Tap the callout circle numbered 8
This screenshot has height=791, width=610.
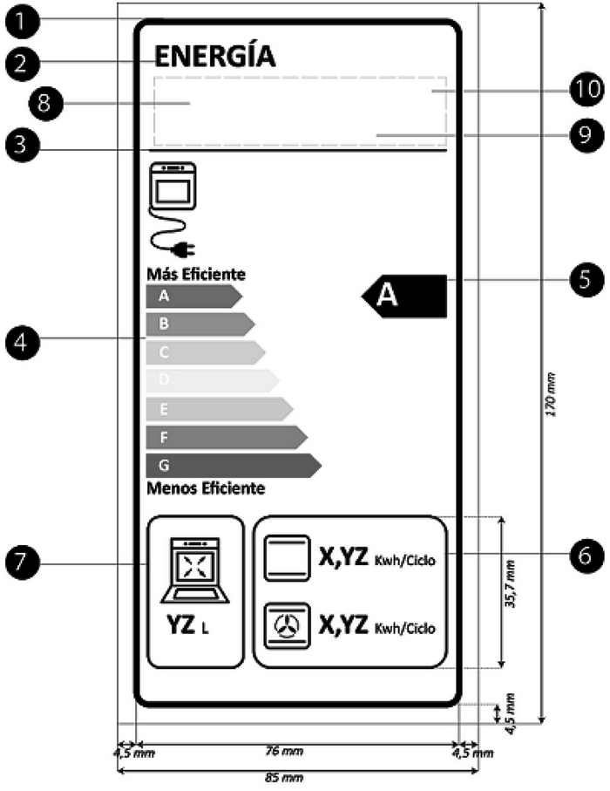[43, 102]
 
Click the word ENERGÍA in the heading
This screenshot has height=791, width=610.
[214, 58]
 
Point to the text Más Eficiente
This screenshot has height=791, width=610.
[196, 274]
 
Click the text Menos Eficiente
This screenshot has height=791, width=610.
[206, 488]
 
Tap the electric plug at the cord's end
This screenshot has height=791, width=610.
[181, 251]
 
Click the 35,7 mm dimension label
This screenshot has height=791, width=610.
[512, 590]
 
